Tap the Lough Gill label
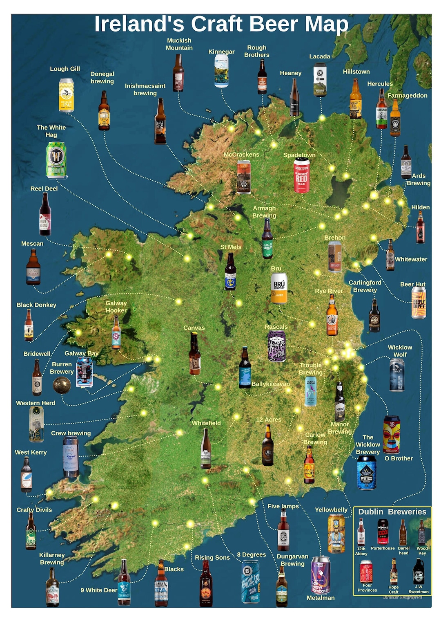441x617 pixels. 65,69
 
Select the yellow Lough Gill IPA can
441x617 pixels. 66,95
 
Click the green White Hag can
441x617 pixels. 56,160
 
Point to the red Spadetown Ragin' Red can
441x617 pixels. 301,175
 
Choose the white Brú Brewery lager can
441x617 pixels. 279,288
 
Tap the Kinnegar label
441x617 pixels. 221,52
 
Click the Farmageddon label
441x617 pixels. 407,95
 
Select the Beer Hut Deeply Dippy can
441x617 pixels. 419,303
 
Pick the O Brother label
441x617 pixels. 399,458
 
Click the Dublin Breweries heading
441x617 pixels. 392,512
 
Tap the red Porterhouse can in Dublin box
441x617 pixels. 383,532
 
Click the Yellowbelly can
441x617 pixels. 336,533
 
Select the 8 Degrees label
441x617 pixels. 252,554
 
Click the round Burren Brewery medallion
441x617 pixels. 62,385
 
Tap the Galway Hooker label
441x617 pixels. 116,307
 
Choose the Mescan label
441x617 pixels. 32,243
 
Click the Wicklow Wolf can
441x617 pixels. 397,375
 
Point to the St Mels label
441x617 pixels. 231,247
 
